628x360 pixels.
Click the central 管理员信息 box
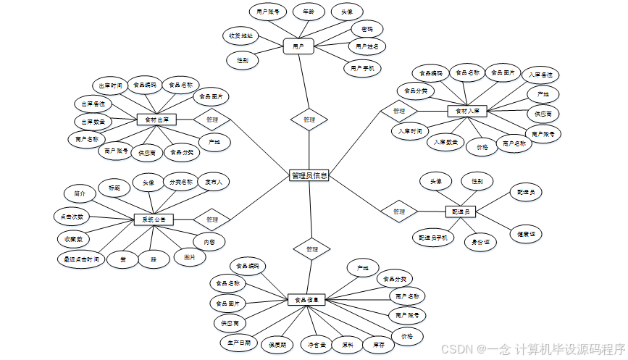[x=309, y=175]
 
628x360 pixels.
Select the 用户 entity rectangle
[x=298, y=46]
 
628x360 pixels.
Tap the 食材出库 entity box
[x=156, y=119]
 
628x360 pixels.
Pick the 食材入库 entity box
[x=467, y=111]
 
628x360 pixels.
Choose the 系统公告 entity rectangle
[x=154, y=219]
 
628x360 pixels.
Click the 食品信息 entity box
[x=307, y=298]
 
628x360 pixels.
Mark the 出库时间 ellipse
[x=111, y=85]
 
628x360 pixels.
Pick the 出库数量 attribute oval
[x=92, y=121]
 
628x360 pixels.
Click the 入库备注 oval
[x=541, y=75]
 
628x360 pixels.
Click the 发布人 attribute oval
[x=214, y=183]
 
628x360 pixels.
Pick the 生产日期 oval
[x=238, y=341]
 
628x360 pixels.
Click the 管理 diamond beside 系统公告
[x=212, y=219]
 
